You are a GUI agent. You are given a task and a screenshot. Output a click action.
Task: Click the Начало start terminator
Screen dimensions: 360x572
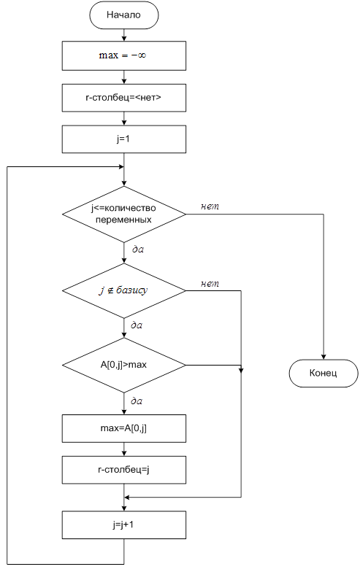(124, 15)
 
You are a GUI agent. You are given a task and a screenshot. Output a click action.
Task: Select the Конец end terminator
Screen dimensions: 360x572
(323, 374)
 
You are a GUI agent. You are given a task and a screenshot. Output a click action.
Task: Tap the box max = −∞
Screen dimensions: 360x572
(124, 55)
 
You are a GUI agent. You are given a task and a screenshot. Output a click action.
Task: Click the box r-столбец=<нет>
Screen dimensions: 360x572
(124, 98)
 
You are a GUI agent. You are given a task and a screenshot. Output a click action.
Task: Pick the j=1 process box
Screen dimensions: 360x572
(124, 139)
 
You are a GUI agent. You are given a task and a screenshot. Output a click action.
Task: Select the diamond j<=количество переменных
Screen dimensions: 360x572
(124, 214)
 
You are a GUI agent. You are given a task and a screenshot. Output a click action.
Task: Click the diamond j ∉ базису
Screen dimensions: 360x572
(124, 290)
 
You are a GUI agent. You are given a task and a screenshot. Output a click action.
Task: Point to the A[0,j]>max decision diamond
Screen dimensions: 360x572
(124, 365)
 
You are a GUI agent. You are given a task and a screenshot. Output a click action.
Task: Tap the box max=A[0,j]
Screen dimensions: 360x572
(124, 429)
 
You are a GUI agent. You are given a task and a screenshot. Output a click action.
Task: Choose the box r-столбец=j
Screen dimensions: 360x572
(124, 470)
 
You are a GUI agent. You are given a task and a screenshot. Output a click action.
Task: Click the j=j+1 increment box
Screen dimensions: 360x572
(124, 525)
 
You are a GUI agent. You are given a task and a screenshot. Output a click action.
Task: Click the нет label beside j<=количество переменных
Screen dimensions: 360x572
(210, 206)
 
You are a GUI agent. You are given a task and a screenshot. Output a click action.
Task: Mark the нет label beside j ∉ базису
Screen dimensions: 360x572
(210, 284)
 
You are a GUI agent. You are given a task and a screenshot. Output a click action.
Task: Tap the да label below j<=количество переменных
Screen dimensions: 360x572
(137, 250)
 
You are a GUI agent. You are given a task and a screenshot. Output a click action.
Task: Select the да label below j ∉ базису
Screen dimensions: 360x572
(137, 325)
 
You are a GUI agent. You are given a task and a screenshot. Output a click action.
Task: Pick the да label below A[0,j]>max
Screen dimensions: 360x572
(137, 401)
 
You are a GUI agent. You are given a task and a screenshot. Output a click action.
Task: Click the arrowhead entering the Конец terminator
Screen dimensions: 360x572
(323, 357)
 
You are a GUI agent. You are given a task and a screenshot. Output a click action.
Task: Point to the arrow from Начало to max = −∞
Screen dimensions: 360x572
(124, 35)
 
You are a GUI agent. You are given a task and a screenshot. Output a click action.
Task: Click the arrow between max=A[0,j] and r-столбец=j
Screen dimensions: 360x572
(124, 449)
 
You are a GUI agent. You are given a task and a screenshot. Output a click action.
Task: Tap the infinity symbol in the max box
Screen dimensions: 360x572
(141, 55)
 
